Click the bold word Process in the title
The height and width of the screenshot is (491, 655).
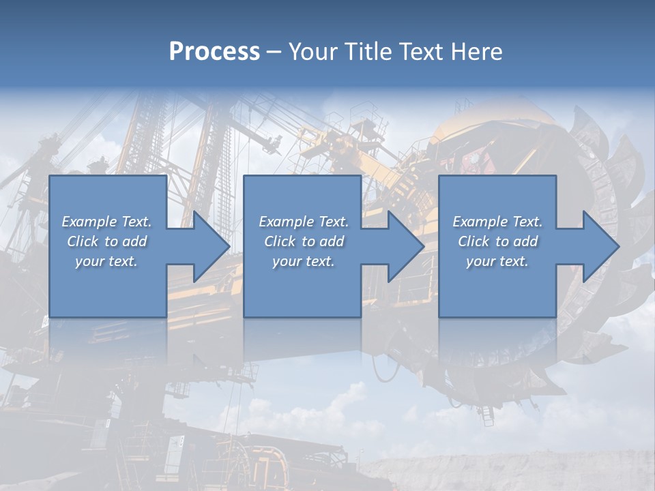(x=214, y=52)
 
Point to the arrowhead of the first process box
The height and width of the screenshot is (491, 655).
(x=209, y=246)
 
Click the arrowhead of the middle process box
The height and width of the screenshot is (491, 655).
(x=404, y=246)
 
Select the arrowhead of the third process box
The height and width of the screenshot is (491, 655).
(x=599, y=246)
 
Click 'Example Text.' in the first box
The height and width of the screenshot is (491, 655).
(x=107, y=222)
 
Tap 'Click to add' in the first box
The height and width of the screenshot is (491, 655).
(x=107, y=241)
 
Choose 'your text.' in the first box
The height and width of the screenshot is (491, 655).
(x=107, y=261)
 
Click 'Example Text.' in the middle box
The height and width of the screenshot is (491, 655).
(x=304, y=222)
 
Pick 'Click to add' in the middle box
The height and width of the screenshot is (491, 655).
(x=304, y=241)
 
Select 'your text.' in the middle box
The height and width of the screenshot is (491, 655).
(x=304, y=261)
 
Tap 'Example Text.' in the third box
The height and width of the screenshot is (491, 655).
(x=497, y=222)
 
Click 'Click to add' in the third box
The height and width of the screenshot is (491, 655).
(x=497, y=241)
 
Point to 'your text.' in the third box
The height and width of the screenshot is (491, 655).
(x=497, y=261)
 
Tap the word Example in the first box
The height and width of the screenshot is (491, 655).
(x=89, y=222)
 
